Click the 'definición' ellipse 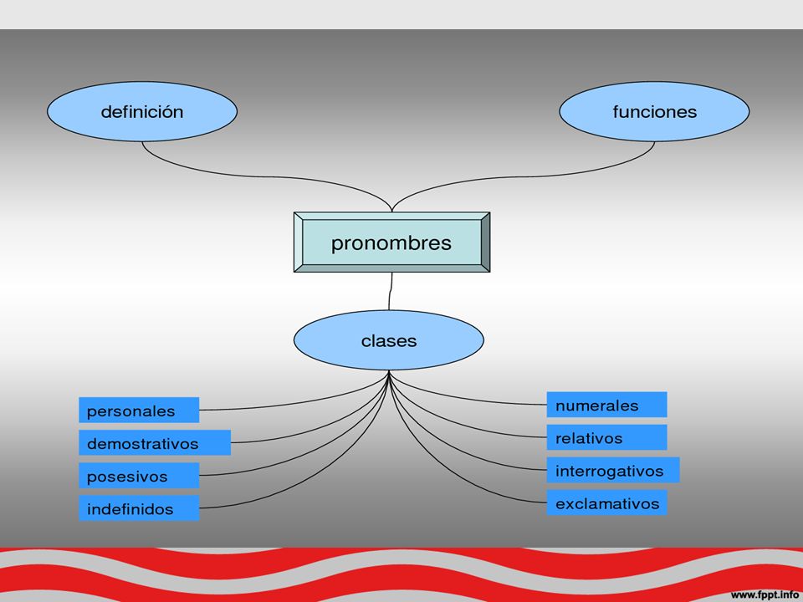point(142,111)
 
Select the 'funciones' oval point(654,111)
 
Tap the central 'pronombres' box point(391,242)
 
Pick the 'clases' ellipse point(389,340)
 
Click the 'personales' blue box point(139,410)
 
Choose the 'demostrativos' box point(155,443)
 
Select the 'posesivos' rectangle point(139,476)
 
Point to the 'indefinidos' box point(139,508)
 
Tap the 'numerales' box point(607,405)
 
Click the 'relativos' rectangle point(607,437)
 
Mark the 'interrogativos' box point(613,471)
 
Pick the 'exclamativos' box point(607,503)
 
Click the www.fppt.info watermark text point(765,594)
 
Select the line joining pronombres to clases point(391,291)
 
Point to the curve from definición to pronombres point(266,177)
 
